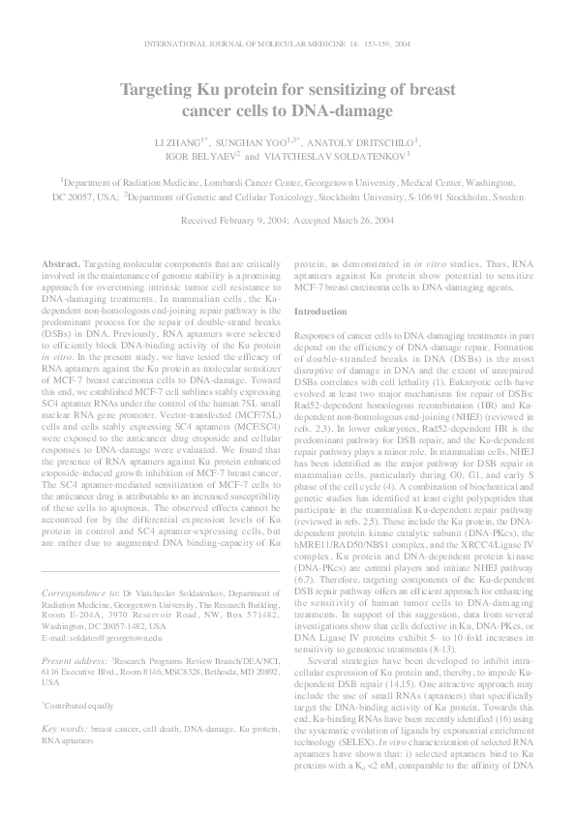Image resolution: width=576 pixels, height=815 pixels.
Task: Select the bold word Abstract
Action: point(62,264)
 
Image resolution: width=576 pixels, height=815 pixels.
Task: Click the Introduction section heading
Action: point(319,312)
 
